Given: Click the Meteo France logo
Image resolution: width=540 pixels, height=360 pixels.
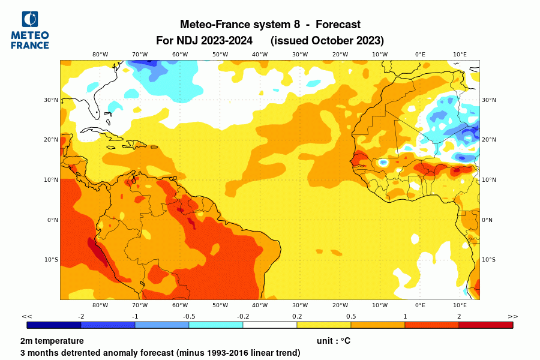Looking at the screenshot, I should click(30, 30).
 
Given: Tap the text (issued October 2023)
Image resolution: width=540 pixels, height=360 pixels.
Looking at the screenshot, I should click(327, 41).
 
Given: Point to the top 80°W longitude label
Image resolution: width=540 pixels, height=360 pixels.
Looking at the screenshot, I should click(100, 54).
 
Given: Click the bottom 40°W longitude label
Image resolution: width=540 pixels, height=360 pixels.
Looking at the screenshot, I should click(260, 305).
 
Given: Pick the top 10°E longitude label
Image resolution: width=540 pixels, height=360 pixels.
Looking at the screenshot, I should click(460, 54).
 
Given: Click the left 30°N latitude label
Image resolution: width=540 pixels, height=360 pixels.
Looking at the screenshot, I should click(52, 100).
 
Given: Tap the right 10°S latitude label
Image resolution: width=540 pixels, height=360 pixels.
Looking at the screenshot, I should click(488, 259).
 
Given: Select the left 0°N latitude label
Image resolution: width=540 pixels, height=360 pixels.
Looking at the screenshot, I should click(52, 220).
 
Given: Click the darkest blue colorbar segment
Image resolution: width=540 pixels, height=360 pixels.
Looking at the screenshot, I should click(54, 325).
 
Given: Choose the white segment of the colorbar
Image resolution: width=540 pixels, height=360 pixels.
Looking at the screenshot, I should click(270, 325).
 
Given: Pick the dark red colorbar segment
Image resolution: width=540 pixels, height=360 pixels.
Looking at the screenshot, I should click(486, 325).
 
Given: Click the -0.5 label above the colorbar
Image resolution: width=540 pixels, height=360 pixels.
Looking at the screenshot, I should click(189, 316).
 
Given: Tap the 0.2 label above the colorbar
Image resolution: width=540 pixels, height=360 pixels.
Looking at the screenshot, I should click(297, 316).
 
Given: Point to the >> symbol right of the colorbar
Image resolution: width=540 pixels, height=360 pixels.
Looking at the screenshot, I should click(512, 316).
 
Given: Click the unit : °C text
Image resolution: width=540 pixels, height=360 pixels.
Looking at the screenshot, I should click(333, 341).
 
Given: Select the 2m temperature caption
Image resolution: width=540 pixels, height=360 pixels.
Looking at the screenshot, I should click(52, 341).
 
